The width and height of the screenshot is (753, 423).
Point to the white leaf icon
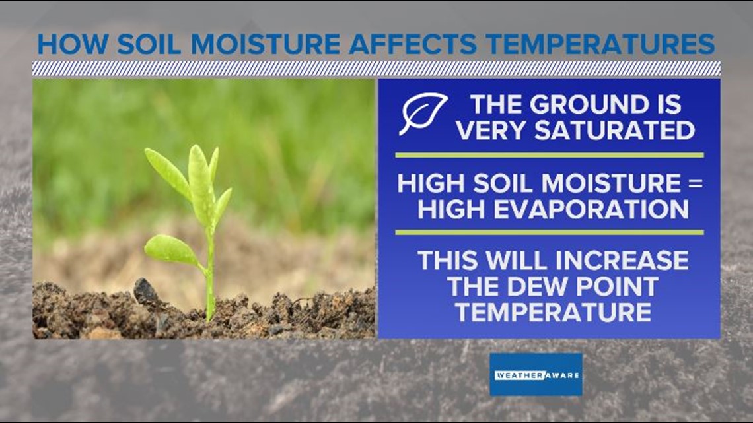pyautogui.click(x=423, y=114)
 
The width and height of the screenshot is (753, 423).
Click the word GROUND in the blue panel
pyautogui.click(x=579, y=106)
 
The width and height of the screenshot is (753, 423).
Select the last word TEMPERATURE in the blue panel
pyautogui.click(x=552, y=311)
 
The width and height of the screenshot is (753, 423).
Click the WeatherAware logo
pyautogui.click(x=536, y=374)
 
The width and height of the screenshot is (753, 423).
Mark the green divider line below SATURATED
pyautogui.click(x=549, y=156)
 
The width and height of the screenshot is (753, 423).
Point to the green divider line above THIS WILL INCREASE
pyautogui.click(x=549, y=232)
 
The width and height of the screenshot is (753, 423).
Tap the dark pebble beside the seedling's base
pyautogui.click(x=145, y=290)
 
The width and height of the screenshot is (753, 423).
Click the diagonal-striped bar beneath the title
pyautogui.click(x=377, y=69)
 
